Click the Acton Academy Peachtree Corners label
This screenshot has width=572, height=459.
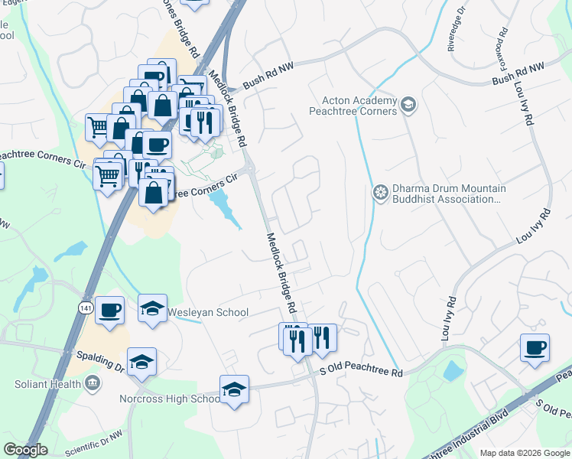359,106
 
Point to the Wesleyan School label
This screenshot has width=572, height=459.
207,312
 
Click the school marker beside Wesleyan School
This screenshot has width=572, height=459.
153,309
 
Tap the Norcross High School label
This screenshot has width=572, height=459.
169,399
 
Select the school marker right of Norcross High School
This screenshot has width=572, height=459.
234,390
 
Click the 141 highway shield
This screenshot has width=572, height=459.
86,307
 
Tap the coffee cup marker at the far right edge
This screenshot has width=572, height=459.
534,348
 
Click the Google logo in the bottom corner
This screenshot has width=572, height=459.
25,450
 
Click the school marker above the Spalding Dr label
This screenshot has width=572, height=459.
141,363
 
